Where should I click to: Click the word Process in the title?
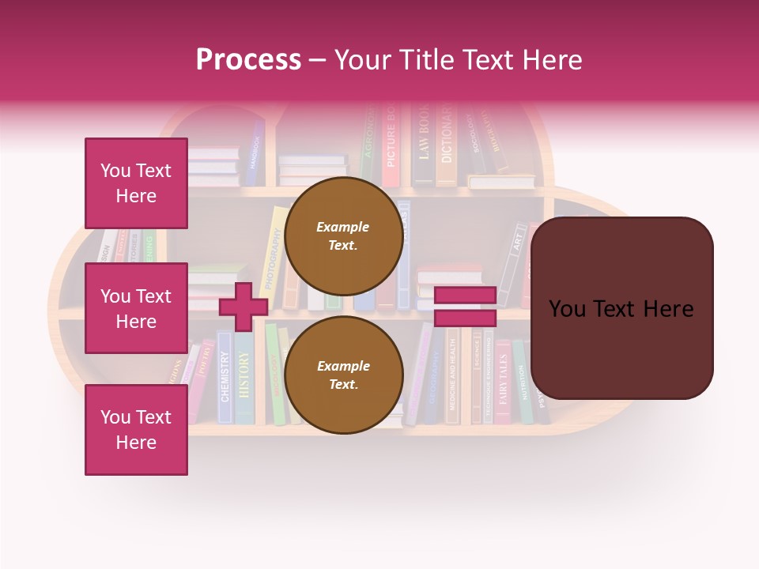[x=248, y=60]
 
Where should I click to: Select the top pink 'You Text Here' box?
[x=136, y=183]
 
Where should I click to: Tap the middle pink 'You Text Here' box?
[x=136, y=308]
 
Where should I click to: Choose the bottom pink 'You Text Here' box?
[x=136, y=430]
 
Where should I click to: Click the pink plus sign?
[x=244, y=307]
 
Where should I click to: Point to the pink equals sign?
[x=465, y=307]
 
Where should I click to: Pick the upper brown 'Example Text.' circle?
[x=343, y=236]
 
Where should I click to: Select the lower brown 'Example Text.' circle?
[x=343, y=375]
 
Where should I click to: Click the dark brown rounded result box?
[x=621, y=308]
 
